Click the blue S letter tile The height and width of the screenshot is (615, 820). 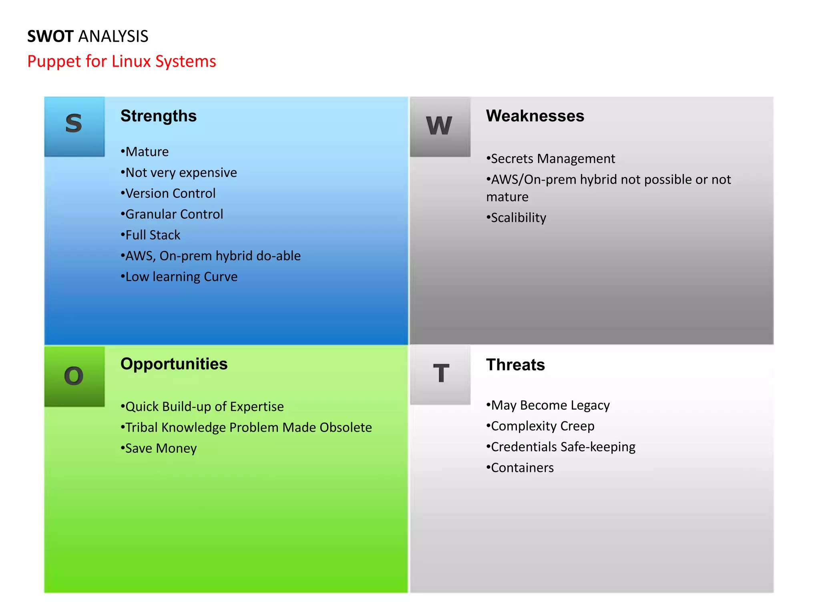tap(74, 126)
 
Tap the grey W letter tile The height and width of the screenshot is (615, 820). tap(440, 126)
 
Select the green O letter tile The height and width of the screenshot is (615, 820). tap(74, 376)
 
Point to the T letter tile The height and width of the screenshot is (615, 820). tap(440, 374)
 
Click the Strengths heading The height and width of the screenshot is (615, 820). tap(159, 116)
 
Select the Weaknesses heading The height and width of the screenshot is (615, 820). tap(535, 116)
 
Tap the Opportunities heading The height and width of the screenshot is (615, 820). tap(174, 364)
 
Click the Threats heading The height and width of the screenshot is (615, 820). tap(515, 365)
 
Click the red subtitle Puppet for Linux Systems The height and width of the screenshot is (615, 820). tap(122, 61)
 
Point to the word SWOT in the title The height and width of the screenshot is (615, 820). tap(50, 36)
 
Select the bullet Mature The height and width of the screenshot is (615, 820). tap(145, 152)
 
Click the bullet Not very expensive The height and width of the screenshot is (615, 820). tap(179, 173)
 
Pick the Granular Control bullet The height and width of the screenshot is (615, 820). tap(172, 214)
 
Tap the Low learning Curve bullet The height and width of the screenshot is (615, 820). tap(179, 277)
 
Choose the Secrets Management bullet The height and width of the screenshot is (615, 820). tap(551, 159)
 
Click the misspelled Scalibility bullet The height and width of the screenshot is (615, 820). tap(517, 217)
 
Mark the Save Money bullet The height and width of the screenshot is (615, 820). tap(159, 448)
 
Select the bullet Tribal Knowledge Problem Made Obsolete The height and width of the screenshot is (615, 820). tap(247, 427)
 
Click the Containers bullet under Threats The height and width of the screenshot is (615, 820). tap(520, 468)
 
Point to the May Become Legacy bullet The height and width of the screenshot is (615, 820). tap(548, 405)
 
